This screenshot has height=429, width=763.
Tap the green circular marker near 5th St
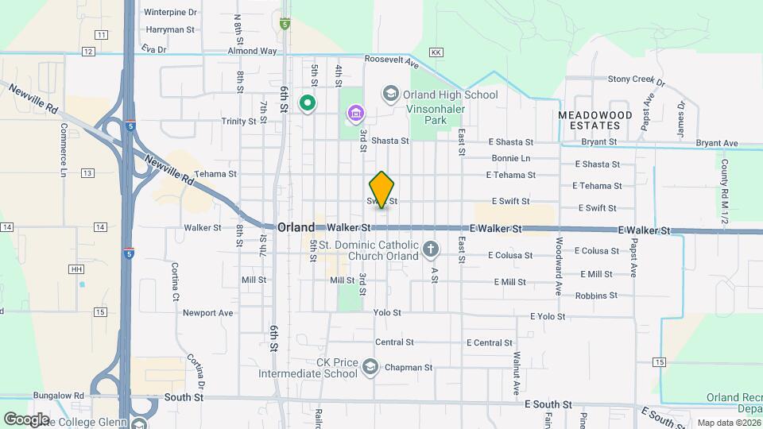coord(307,102)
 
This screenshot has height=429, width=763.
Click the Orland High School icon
coord(390,95)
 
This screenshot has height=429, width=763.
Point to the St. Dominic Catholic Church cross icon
coord(431,250)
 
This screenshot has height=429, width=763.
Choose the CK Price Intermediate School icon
coord(370,366)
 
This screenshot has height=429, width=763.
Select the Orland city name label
coord(296,227)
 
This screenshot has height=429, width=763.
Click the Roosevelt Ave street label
coord(391,60)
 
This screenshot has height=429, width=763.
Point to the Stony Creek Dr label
coord(635,79)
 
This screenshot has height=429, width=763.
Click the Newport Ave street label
coord(207,312)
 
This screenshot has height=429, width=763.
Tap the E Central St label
coord(488,342)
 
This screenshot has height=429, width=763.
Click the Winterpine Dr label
coord(170,13)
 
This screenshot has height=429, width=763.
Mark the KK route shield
coord(435,52)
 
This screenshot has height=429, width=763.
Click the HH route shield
coord(76,269)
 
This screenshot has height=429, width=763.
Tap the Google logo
coord(26,419)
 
